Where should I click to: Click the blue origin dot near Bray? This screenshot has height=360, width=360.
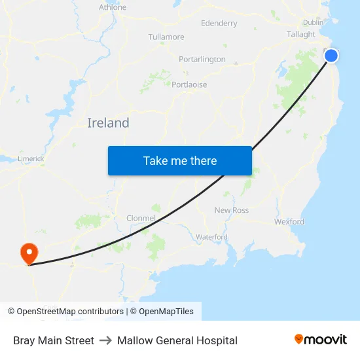coord(331,56)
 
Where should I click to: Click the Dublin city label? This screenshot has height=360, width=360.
coord(313,22)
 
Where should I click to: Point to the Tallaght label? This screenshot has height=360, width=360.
coord(300,34)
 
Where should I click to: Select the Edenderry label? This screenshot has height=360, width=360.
coord(219,24)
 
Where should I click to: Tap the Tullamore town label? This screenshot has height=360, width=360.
coord(166,37)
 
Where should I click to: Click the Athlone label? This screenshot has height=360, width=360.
coord(113,8)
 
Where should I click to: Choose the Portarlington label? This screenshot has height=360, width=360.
coord(202,60)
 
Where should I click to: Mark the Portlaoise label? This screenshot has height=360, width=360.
coord(189,85)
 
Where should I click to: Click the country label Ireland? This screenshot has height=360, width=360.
coord(108,123)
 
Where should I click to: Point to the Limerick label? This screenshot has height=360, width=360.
coord(31,158)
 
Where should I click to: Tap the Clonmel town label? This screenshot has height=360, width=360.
coord(141,218)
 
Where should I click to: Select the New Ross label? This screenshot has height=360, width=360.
coord(232,210)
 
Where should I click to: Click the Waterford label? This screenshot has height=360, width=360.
coord(211,237)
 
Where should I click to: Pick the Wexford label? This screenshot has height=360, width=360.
coord(289,222)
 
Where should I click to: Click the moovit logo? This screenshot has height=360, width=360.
coord(320,340)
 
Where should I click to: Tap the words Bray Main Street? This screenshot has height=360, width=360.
coord(54,340)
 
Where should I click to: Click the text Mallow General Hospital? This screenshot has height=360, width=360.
coord(177,340)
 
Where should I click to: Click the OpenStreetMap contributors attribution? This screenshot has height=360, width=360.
coord(65,312)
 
